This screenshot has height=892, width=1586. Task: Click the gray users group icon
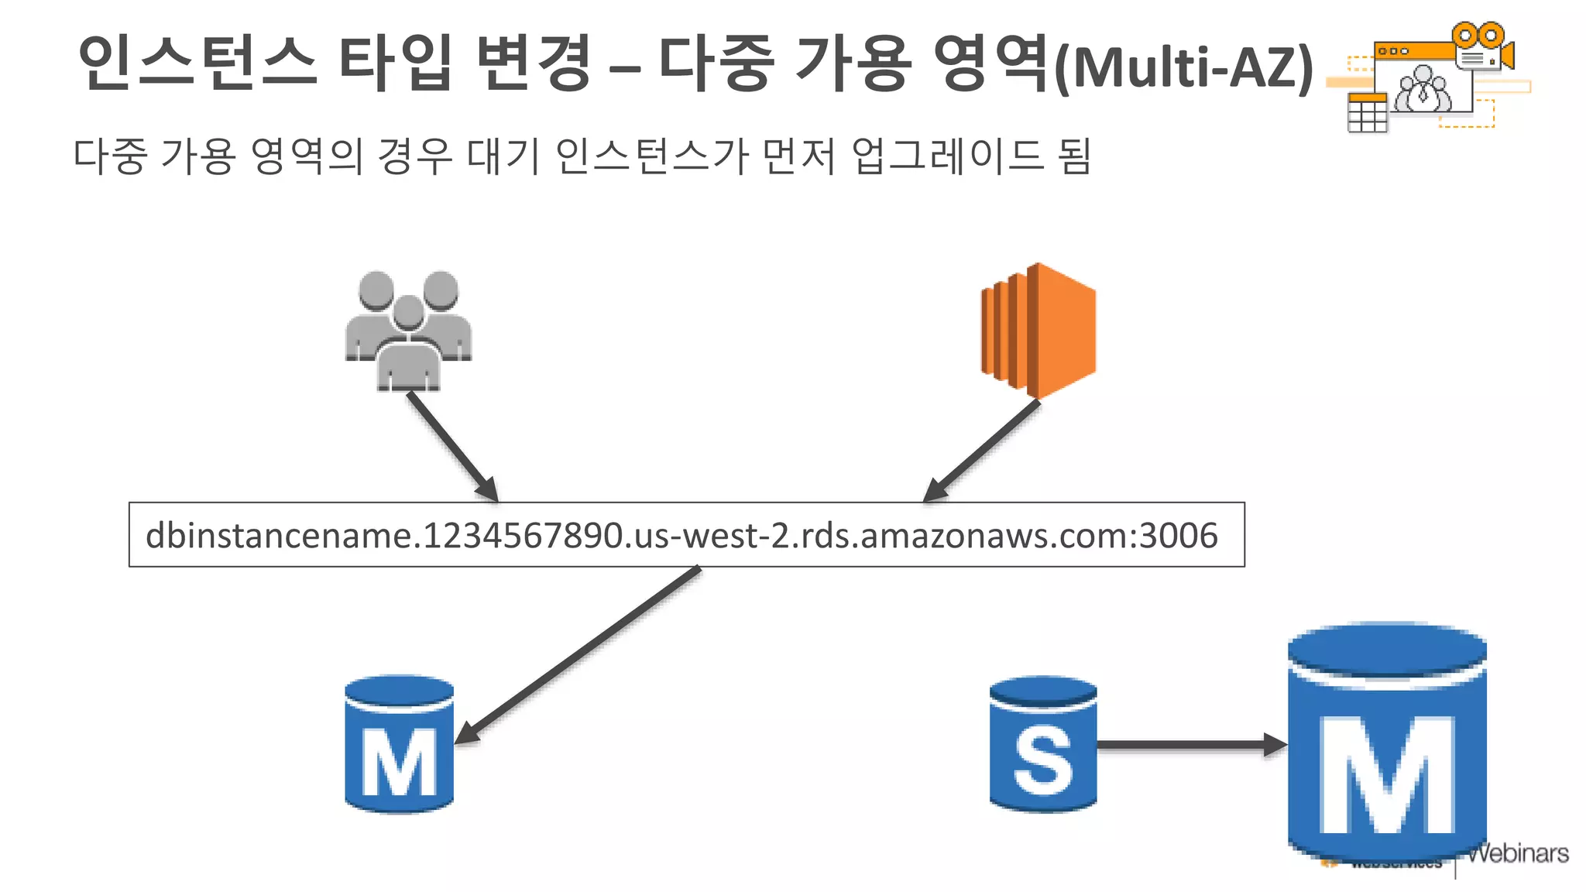coord(408,331)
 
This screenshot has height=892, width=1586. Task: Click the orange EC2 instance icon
coord(1039,331)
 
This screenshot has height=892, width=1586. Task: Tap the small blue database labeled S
coord(1042,745)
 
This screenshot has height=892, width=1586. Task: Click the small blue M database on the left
coord(399,745)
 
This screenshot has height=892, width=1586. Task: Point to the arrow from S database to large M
coord(1189,745)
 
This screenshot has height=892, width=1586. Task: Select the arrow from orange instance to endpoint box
coord(982,451)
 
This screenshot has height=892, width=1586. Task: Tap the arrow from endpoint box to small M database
coord(577,655)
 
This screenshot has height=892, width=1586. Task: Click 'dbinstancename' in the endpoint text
coord(279,536)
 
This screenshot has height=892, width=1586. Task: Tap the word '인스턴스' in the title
coord(197,62)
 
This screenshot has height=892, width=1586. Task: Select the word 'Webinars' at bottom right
coord(1518,853)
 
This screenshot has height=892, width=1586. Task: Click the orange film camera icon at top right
coord(1482,46)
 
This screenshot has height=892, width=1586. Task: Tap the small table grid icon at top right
coord(1367,113)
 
